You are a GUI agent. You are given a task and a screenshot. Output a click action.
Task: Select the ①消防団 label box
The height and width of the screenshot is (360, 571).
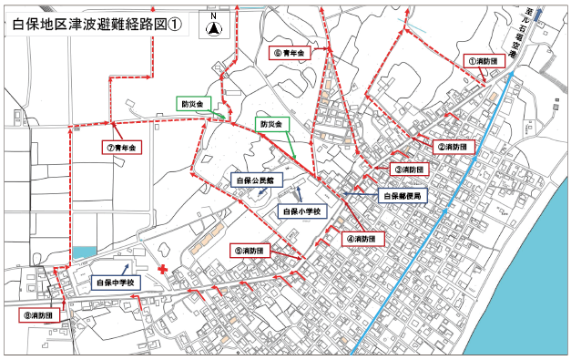[483, 60]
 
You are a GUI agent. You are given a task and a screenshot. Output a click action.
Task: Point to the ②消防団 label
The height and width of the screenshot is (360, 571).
[453, 146]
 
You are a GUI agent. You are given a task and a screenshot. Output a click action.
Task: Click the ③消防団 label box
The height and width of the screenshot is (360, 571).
[409, 170]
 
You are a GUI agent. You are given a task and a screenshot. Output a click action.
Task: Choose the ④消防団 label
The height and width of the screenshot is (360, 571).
[363, 239]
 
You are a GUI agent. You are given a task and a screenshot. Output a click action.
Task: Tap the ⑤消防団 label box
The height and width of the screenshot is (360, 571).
[249, 250]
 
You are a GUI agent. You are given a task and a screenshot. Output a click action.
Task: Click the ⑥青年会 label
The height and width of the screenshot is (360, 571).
[291, 54]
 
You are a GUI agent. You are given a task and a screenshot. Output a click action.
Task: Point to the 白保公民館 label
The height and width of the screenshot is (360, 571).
[253, 180]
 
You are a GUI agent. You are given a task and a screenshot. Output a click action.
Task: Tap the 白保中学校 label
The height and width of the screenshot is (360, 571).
[117, 283]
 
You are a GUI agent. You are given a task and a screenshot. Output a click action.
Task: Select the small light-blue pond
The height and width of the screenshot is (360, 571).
[83, 251]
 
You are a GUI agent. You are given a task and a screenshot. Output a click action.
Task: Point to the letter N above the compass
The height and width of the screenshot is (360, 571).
[212, 16]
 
